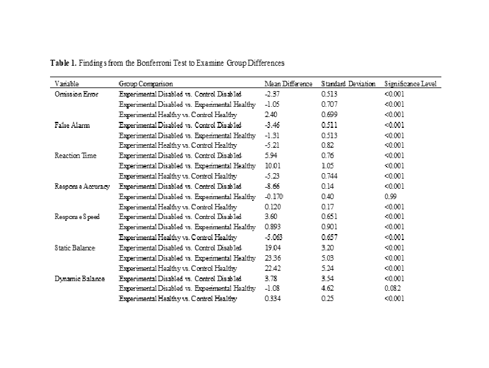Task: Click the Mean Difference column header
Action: [x=288, y=83]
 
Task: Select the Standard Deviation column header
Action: [x=348, y=83]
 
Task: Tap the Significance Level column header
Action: [x=410, y=83]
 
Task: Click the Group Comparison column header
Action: [x=146, y=83]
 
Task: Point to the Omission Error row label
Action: [x=76, y=94]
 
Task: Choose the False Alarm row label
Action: [x=71, y=125]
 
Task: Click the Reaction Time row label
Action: [x=75, y=156]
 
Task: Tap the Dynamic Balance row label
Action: [x=80, y=279]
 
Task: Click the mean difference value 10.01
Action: [x=273, y=166]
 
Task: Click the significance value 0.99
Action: [x=390, y=197]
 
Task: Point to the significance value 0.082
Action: [x=392, y=289]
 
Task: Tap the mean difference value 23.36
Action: [x=273, y=258]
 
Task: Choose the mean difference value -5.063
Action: [x=274, y=238]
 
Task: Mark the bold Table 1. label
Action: [x=63, y=63]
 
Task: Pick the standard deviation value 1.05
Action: [x=327, y=166]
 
